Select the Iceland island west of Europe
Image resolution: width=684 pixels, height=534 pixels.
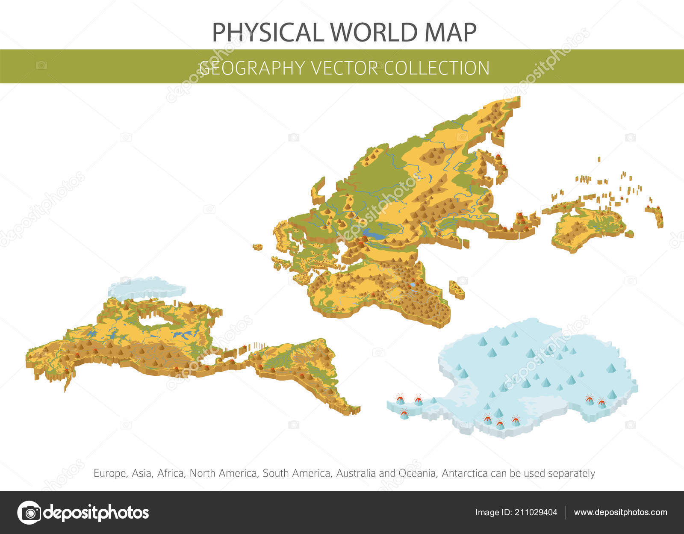[x=258, y=247]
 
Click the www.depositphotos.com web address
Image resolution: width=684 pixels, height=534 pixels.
[x=620, y=512]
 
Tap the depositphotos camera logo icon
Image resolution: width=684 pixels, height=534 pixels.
[x=29, y=512]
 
